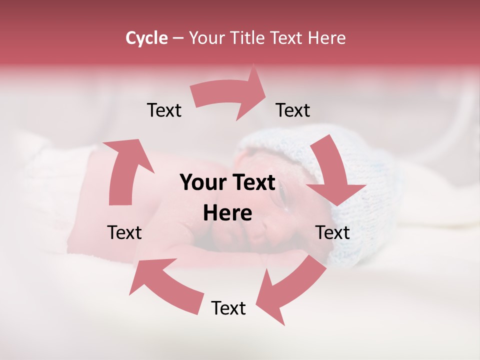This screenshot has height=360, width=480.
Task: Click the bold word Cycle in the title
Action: (146, 38)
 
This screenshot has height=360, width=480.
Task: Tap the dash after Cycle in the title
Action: (177, 38)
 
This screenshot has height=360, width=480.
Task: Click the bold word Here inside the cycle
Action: (227, 213)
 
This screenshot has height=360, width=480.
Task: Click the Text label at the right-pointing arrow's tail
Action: (164, 110)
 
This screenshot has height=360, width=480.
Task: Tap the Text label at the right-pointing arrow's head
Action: (293, 110)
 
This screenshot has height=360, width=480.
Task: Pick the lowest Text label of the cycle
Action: (228, 308)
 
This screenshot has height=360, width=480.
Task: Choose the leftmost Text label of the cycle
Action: (124, 232)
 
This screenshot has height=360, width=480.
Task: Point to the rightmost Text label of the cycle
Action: (332, 232)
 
